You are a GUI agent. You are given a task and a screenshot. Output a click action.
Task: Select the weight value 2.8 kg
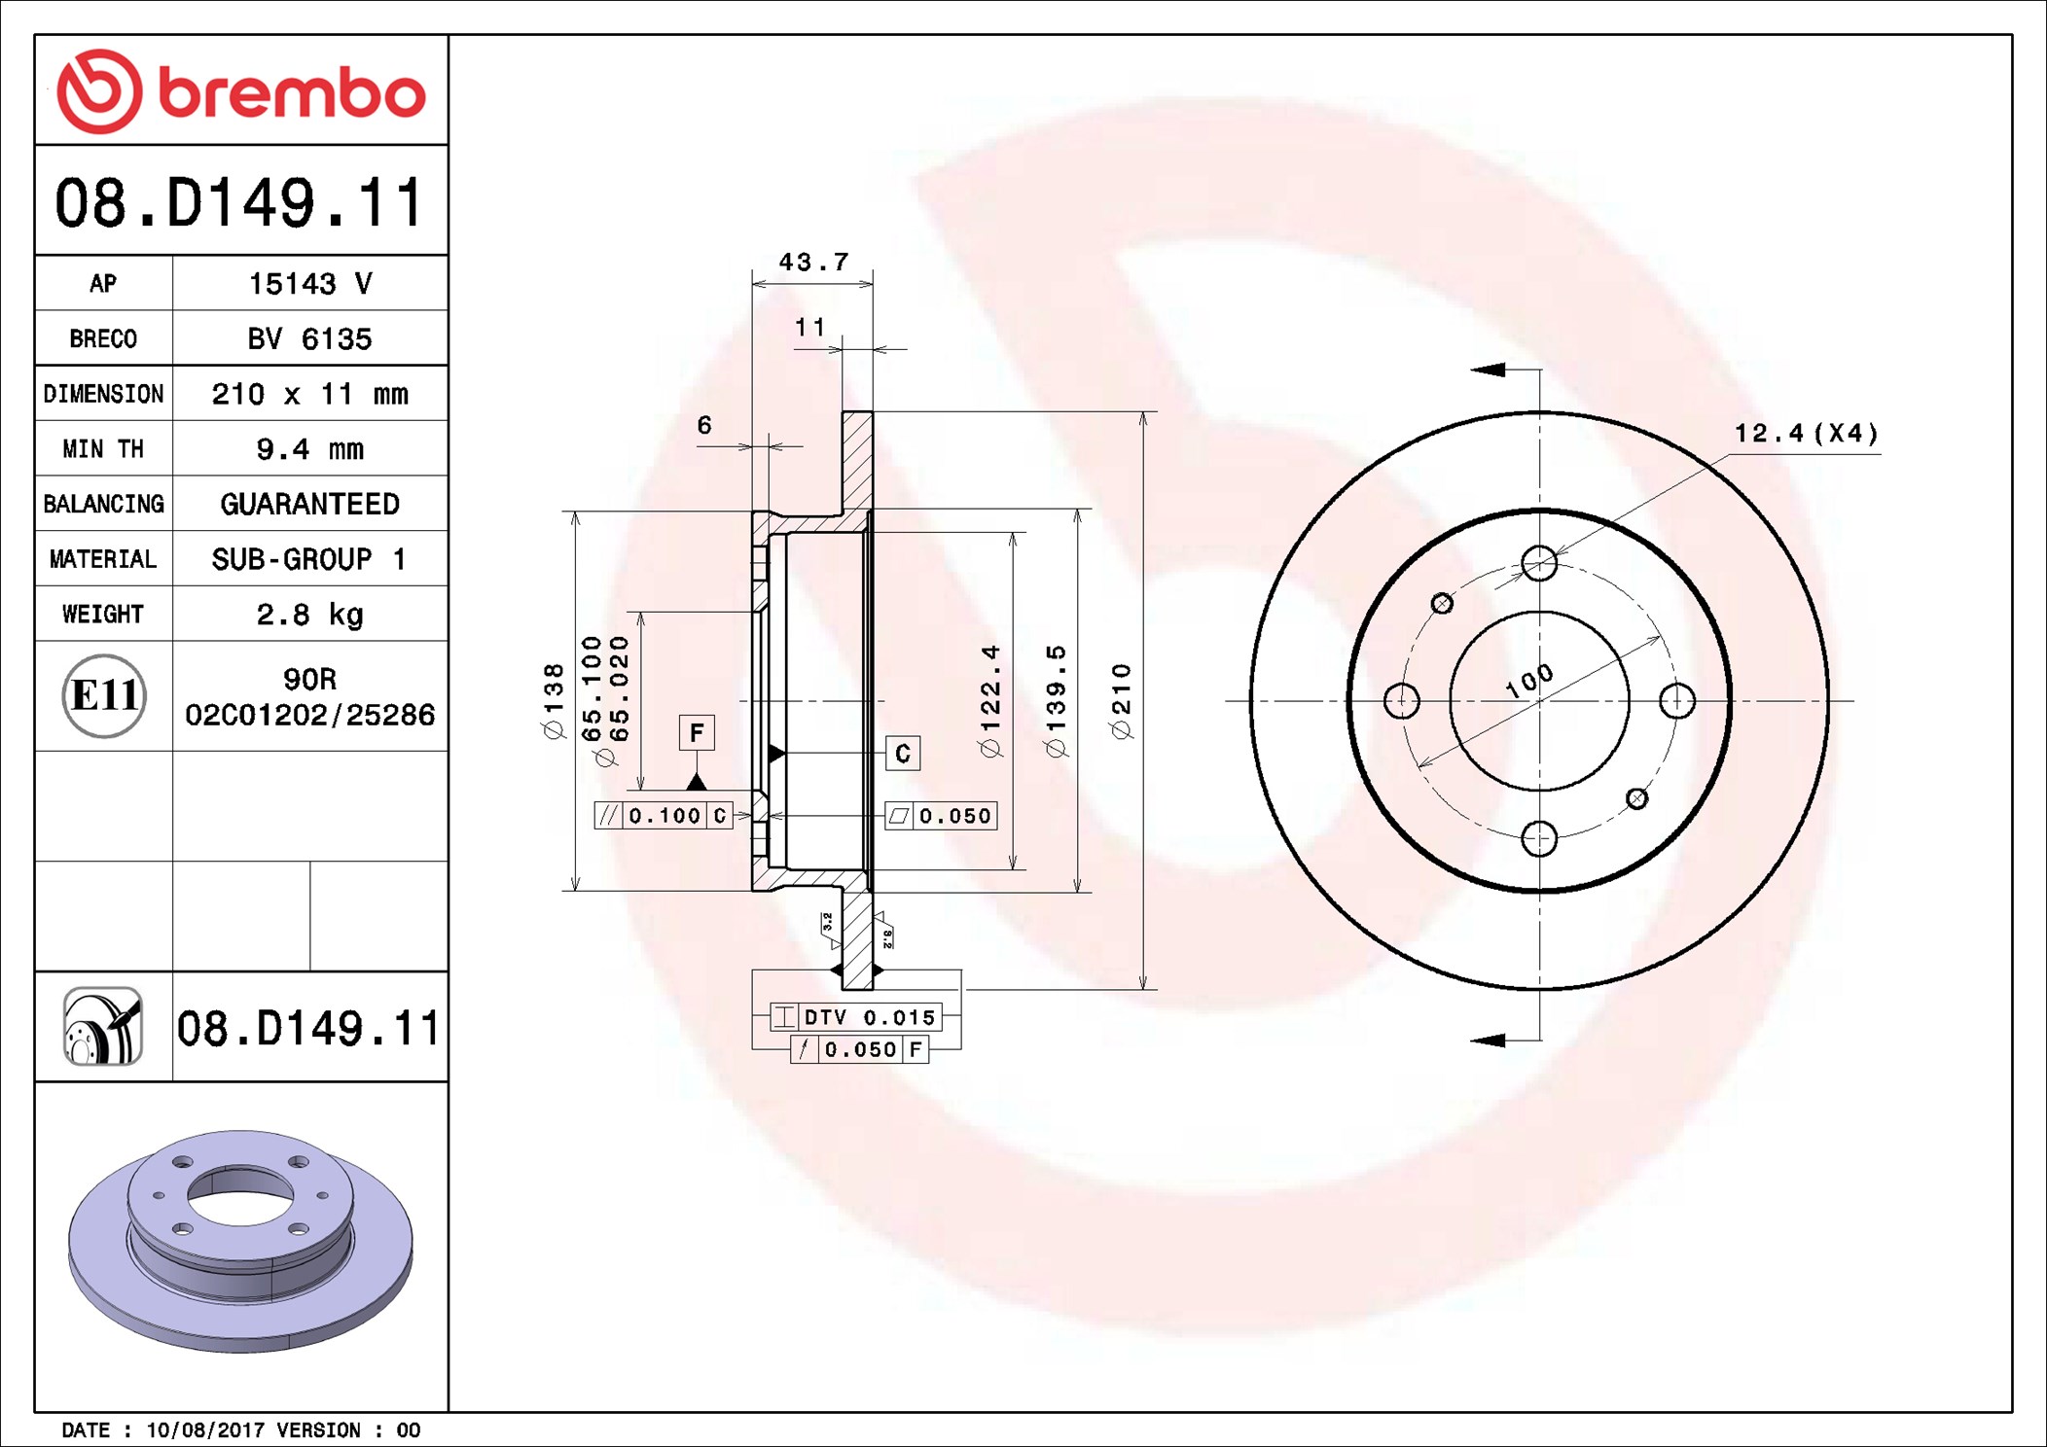click(x=309, y=614)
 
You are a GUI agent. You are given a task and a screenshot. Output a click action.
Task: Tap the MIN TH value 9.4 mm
click(x=309, y=448)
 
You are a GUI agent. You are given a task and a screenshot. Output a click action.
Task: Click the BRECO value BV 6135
click(x=309, y=338)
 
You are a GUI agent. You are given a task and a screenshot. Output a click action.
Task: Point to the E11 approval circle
click(x=104, y=695)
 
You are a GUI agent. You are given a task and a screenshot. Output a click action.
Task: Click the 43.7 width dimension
click(x=813, y=262)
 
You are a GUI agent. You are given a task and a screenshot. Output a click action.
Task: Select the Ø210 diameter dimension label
click(x=1122, y=701)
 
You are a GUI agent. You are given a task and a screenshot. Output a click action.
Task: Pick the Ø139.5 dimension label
click(x=1056, y=700)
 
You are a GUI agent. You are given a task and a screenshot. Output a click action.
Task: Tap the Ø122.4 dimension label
click(x=989, y=700)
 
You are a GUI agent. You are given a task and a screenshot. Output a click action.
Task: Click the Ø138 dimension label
click(x=553, y=701)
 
